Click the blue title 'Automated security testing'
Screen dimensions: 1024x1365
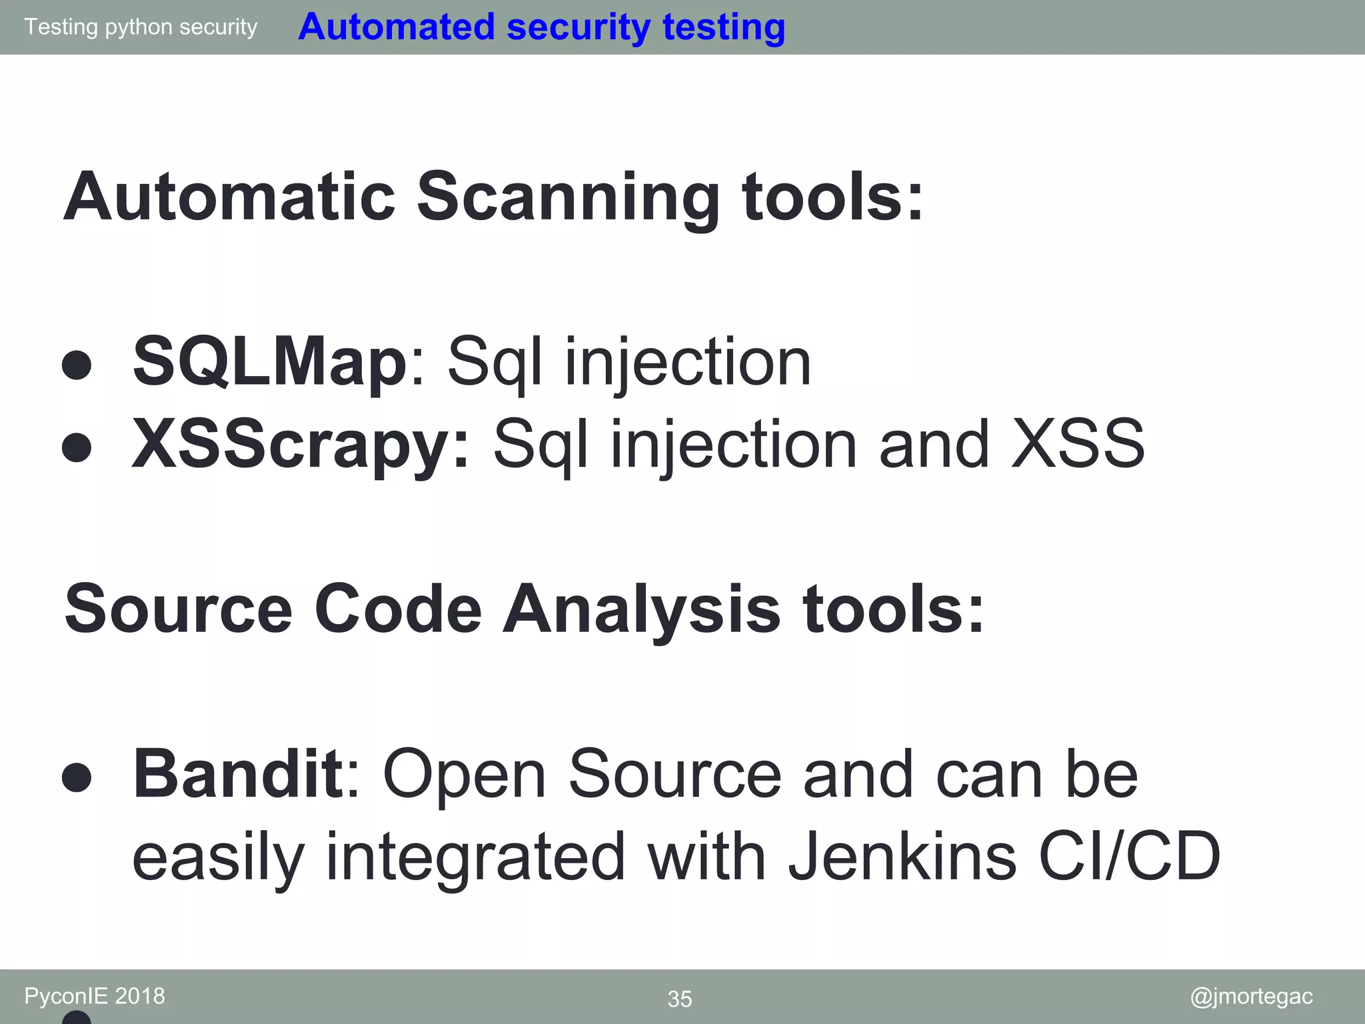click(541, 27)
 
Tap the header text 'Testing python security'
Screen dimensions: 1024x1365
click(141, 27)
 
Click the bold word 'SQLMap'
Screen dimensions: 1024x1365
click(269, 361)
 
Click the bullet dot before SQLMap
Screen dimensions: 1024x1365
click(77, 365)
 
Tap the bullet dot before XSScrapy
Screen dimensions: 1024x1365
click(77, 447)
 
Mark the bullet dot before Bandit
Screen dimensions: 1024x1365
click(77, 777)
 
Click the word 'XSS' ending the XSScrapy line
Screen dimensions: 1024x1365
click(1078, 444)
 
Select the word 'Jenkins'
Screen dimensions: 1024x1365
click(902, 856)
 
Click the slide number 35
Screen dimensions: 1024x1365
click(680, 999)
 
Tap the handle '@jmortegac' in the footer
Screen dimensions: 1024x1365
click(1251, 996)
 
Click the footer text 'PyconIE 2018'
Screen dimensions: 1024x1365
click(95, 996)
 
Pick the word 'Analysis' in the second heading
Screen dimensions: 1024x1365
click(641, 609)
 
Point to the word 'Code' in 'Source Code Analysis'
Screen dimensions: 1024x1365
click(398, 609)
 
